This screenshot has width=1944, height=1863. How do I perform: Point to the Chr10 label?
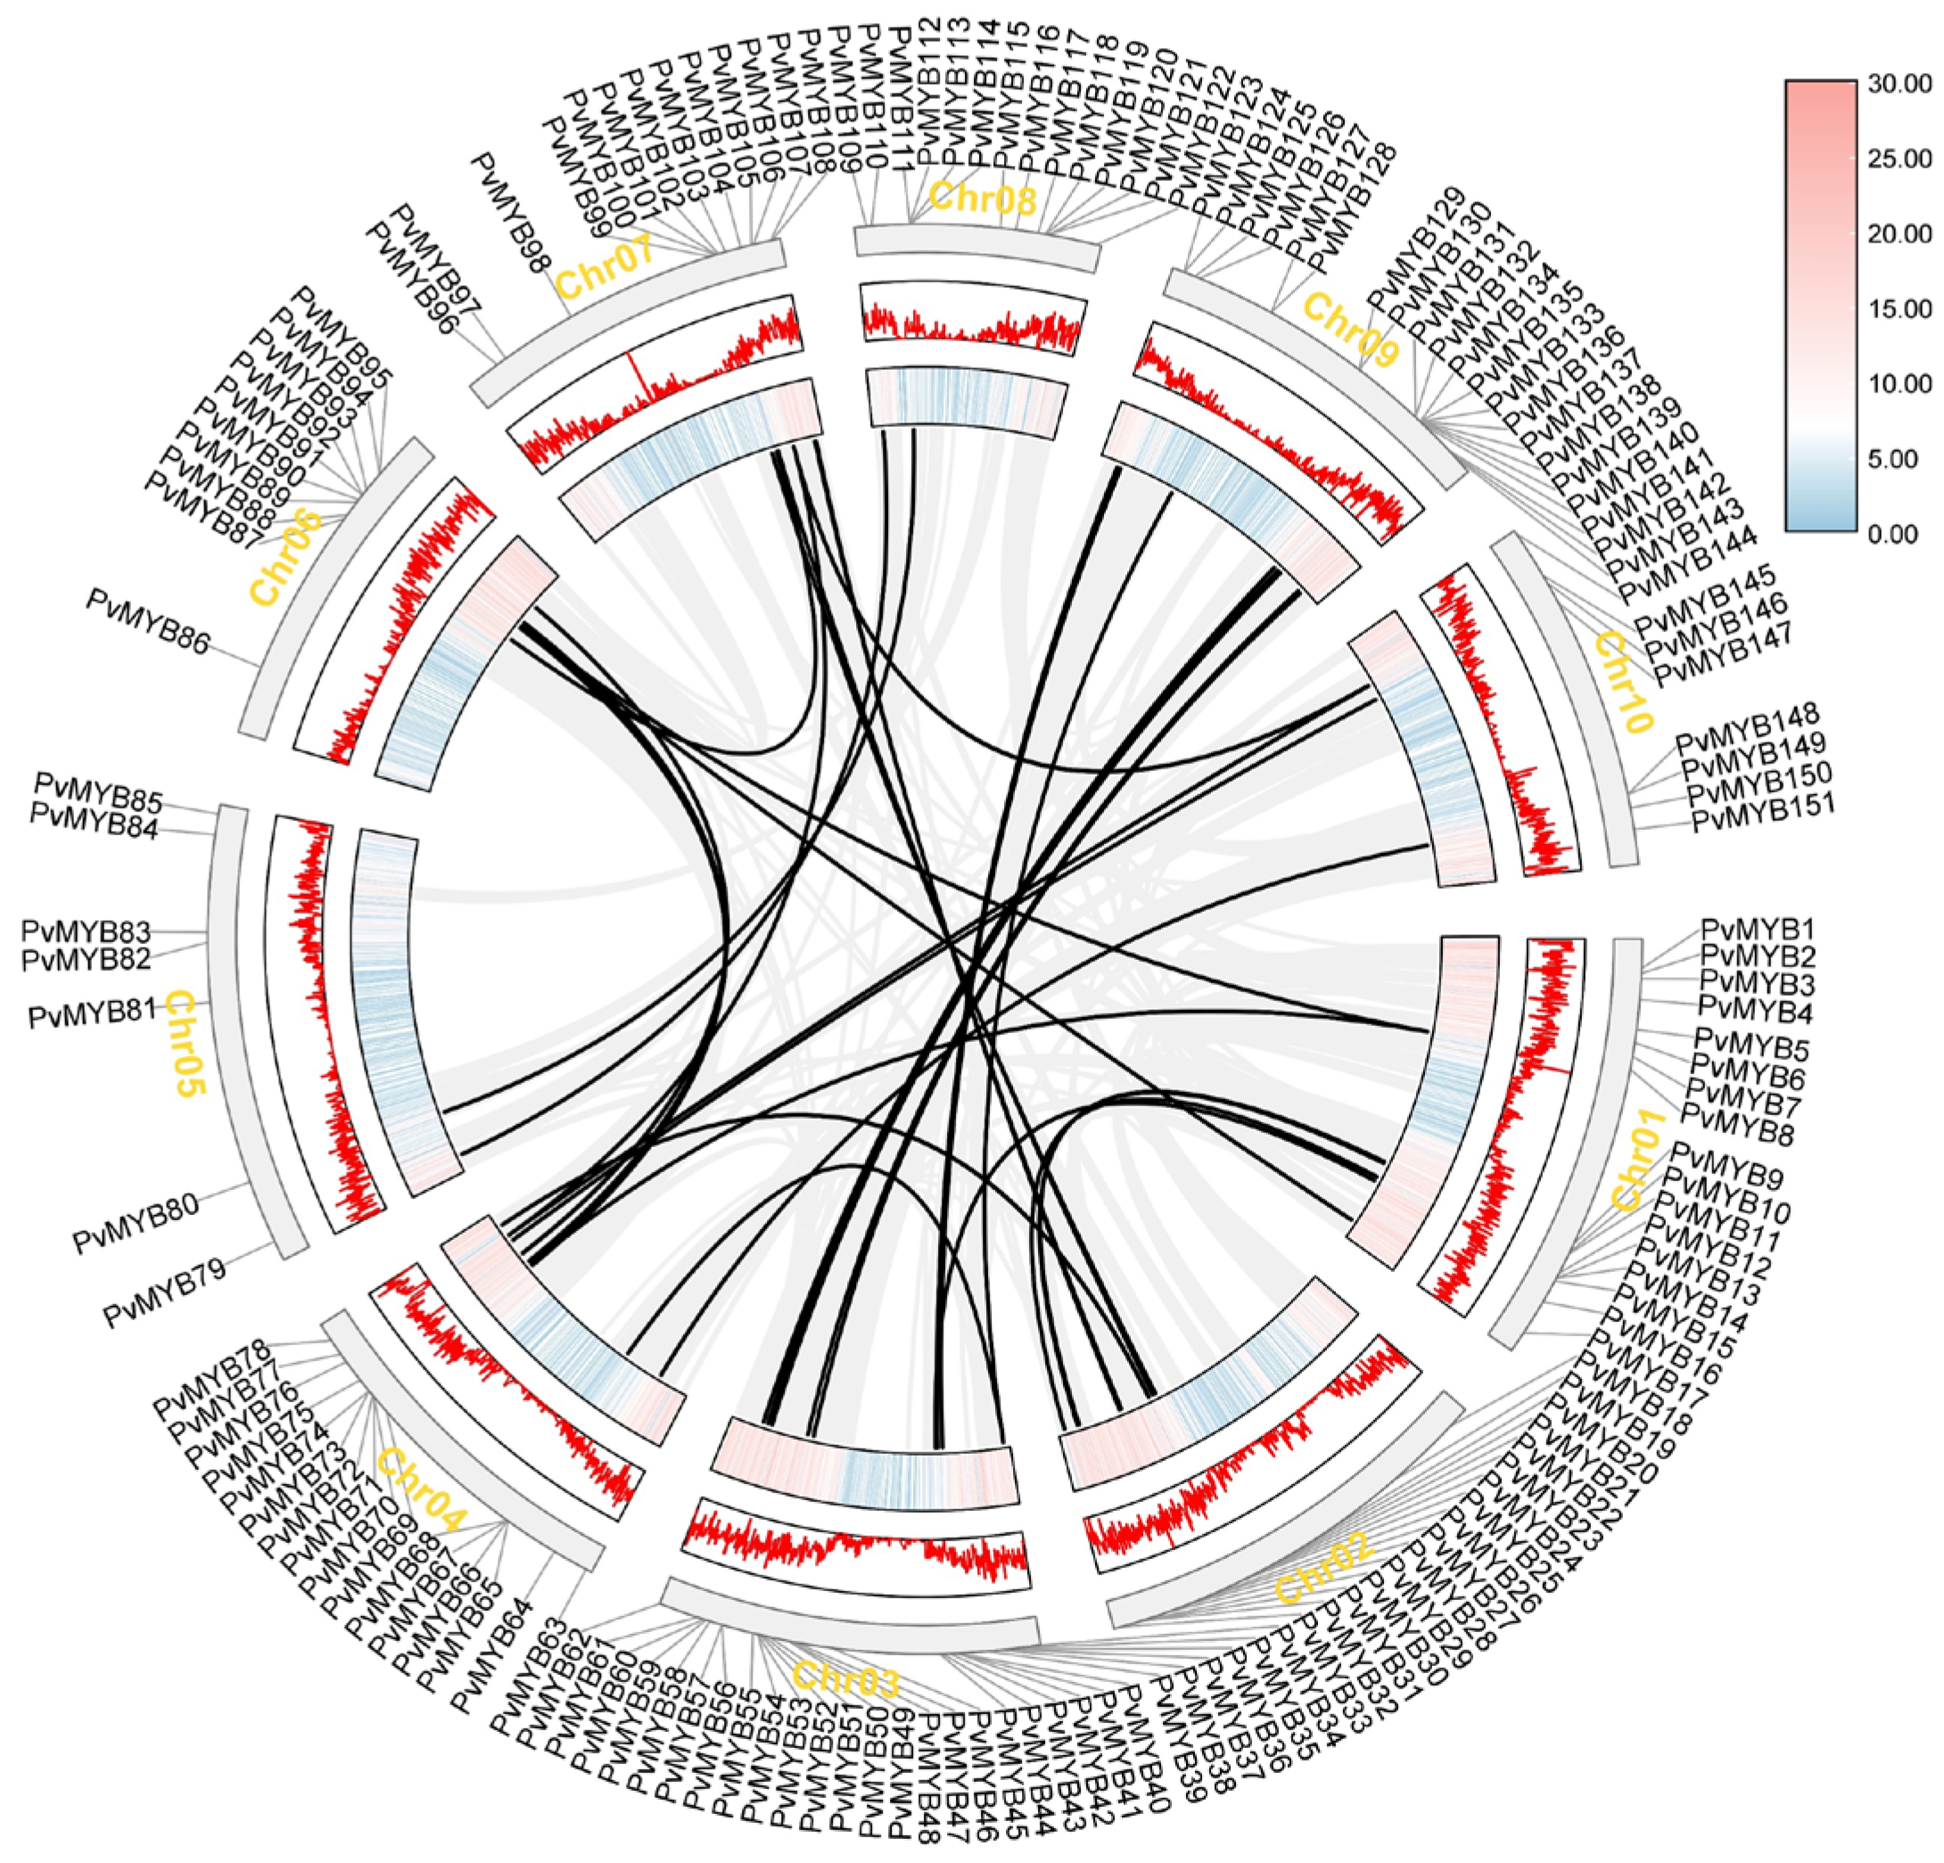pyautogui.click(x=1623, y=683)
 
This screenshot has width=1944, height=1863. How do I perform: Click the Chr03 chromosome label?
pyautogui.click(x=846, y=1678)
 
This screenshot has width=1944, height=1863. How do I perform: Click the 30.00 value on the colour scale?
pyautogui.click(x=1898, y=86)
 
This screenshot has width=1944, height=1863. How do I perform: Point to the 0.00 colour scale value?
pyautogui.click(x=1893, y=535)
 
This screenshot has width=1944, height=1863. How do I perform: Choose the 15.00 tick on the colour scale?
pyautogui.click(x=1898, y=309)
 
